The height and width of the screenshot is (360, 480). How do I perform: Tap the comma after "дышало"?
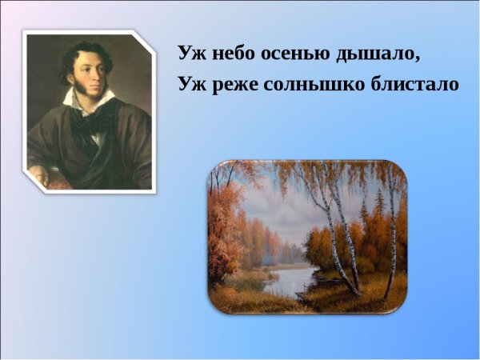click(x=418, y=62)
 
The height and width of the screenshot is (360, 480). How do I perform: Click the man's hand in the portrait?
click(x=40, y=174)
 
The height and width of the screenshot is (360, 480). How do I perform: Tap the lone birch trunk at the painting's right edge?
click(x=393, y=240)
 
